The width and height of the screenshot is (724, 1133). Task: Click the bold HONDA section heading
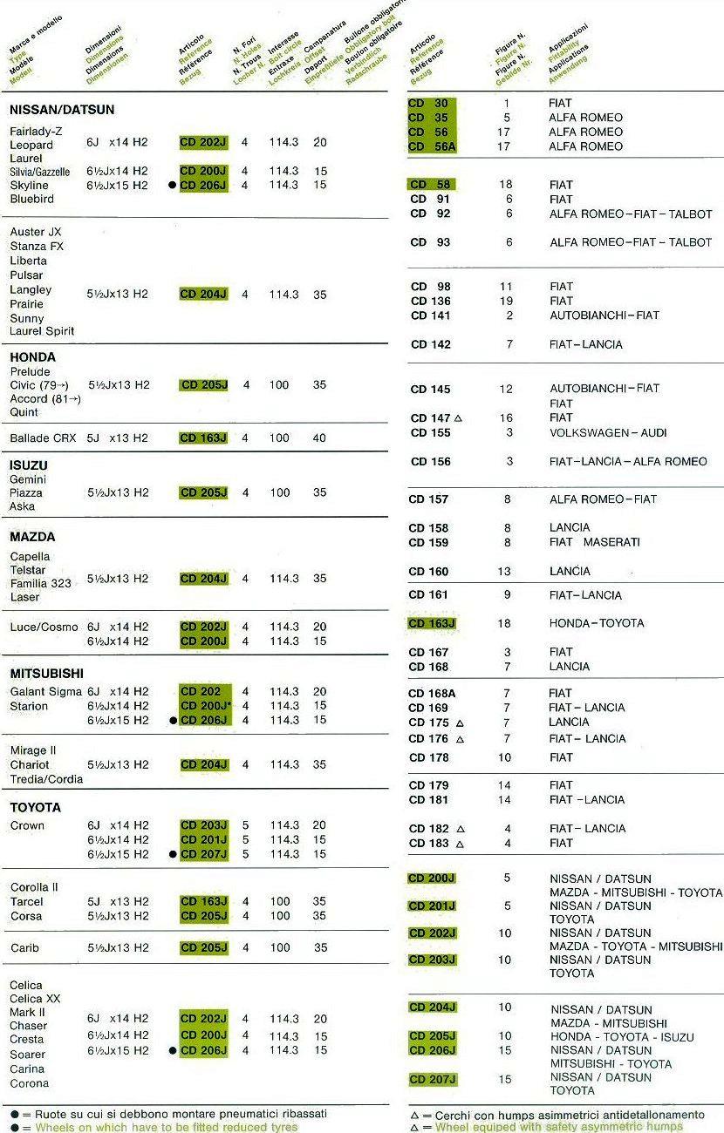pyautogui.click(x=32, y=356)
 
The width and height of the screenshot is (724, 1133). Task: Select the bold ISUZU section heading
pyautogui.click(x=29, y=465)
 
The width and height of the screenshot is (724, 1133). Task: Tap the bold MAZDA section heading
pyautogui.click(x=32, y=537)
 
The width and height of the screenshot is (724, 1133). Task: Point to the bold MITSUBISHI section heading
pyautogui.click(x=46, y=674)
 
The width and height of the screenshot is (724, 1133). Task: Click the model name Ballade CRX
pyautogui.click(x=44, y=438)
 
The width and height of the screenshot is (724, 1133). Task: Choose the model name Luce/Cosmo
pyautogui.click(x=44, y=627)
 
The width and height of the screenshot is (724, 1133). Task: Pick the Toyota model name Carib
pyautogui.click(x=24, y=947)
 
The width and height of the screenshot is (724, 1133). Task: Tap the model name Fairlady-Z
pyautogui.click(x=36, y=130)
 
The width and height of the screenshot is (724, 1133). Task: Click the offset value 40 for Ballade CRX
pyautogui.click(x=320, y=438)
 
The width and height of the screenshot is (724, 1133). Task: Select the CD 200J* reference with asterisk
pyautogui.click(x=205, y=706)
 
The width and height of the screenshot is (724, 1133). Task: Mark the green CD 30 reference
pyautogui.click(x=429, y=104)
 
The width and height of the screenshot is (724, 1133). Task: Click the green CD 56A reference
pyautogui.click(x=433, y=146)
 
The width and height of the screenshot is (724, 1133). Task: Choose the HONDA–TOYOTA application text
pyautogui.click(x=597, y=623)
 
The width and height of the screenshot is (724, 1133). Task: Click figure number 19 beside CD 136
pyautogui.click(x=507, y=301)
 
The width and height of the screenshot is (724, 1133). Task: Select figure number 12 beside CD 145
pyautogui.click(x=507, y=389)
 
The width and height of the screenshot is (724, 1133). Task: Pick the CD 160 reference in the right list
pyautogui.click(x=428, y=572)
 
